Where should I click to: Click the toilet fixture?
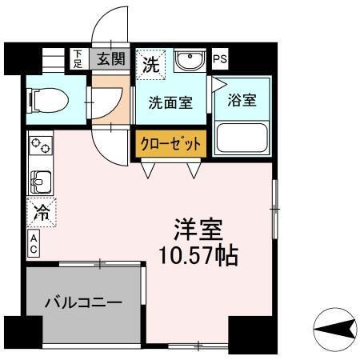[x=48, y=101]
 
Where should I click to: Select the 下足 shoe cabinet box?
[x=78, y=58]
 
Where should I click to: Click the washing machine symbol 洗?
[x=150, y=66]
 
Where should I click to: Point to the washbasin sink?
[x=189, y=61]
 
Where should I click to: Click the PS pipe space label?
[x=219, y=58]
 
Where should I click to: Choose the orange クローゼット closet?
[x=170, y=144]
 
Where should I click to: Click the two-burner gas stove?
[x=39, y=146]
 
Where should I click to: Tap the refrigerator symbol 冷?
[x=39, y=213]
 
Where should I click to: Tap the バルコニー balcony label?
[x=83, y=303]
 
